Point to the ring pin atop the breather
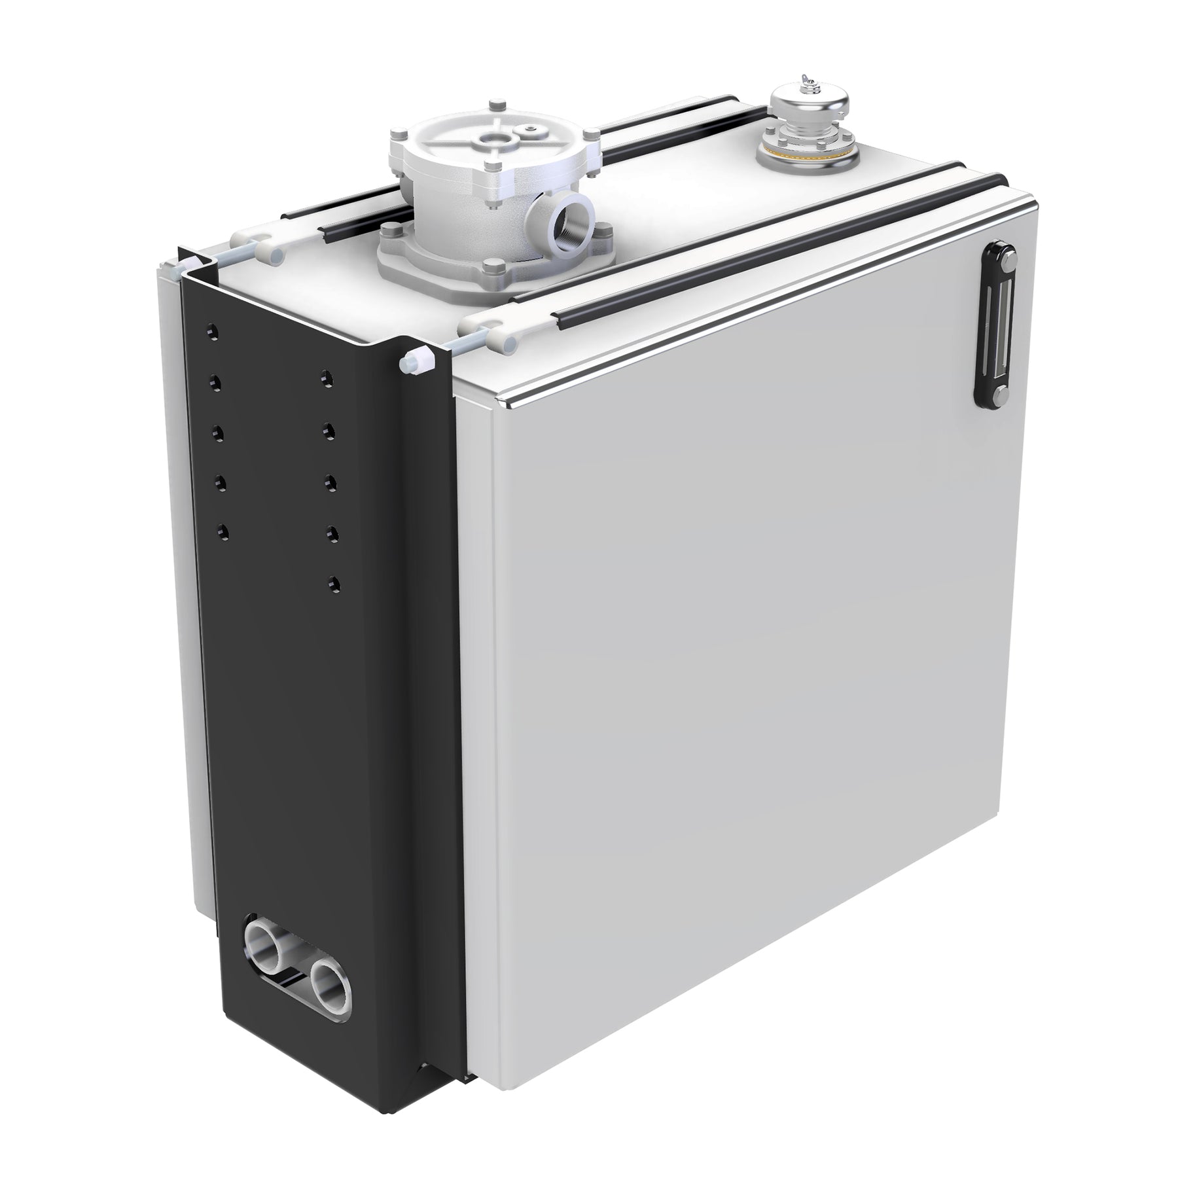point(808,80)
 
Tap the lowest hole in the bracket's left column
point(223,531)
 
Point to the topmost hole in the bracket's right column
point(328,378)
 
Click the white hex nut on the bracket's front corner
point(415,363)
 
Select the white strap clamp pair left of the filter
point(256,244)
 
